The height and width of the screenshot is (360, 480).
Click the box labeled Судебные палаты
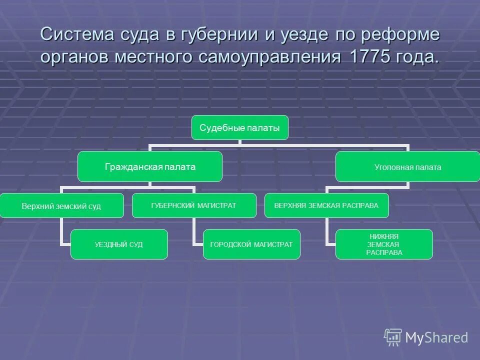pyautogui.click(x=240, y=127)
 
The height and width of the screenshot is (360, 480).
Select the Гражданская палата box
pyautogui.click(x=150, y=166)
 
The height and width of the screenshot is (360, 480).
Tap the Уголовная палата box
pyautogui.click(x=407, y=167)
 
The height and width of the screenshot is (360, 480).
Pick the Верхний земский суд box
pyautogui.click(x=61, y=205)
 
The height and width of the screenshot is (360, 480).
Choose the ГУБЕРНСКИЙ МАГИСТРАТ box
pyautogui.click(x=194, y=205)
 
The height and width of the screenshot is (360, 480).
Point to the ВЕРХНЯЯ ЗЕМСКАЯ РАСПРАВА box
pyautogui.click(x=326, y=205)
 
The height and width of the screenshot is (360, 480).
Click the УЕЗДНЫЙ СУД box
pyautogui.click(x=119, y=244)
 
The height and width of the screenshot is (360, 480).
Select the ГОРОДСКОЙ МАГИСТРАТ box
pyautogui.click(x=251, y=244)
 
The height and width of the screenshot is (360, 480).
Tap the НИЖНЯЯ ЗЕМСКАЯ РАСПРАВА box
pyautogui.click(x=384, y=244)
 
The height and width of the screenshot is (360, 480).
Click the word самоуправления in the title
pyautogui.click(x=271, y=57)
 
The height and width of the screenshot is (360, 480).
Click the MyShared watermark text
pyautogui.click(x=436, y=337)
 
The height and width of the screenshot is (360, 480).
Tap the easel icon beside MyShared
pyautogui.click(x=393, y=337)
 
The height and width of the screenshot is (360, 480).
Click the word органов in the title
pyautogui.click(x=75, y=57)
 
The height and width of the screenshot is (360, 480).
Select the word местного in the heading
pyautogui.click(x=155, y=56)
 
